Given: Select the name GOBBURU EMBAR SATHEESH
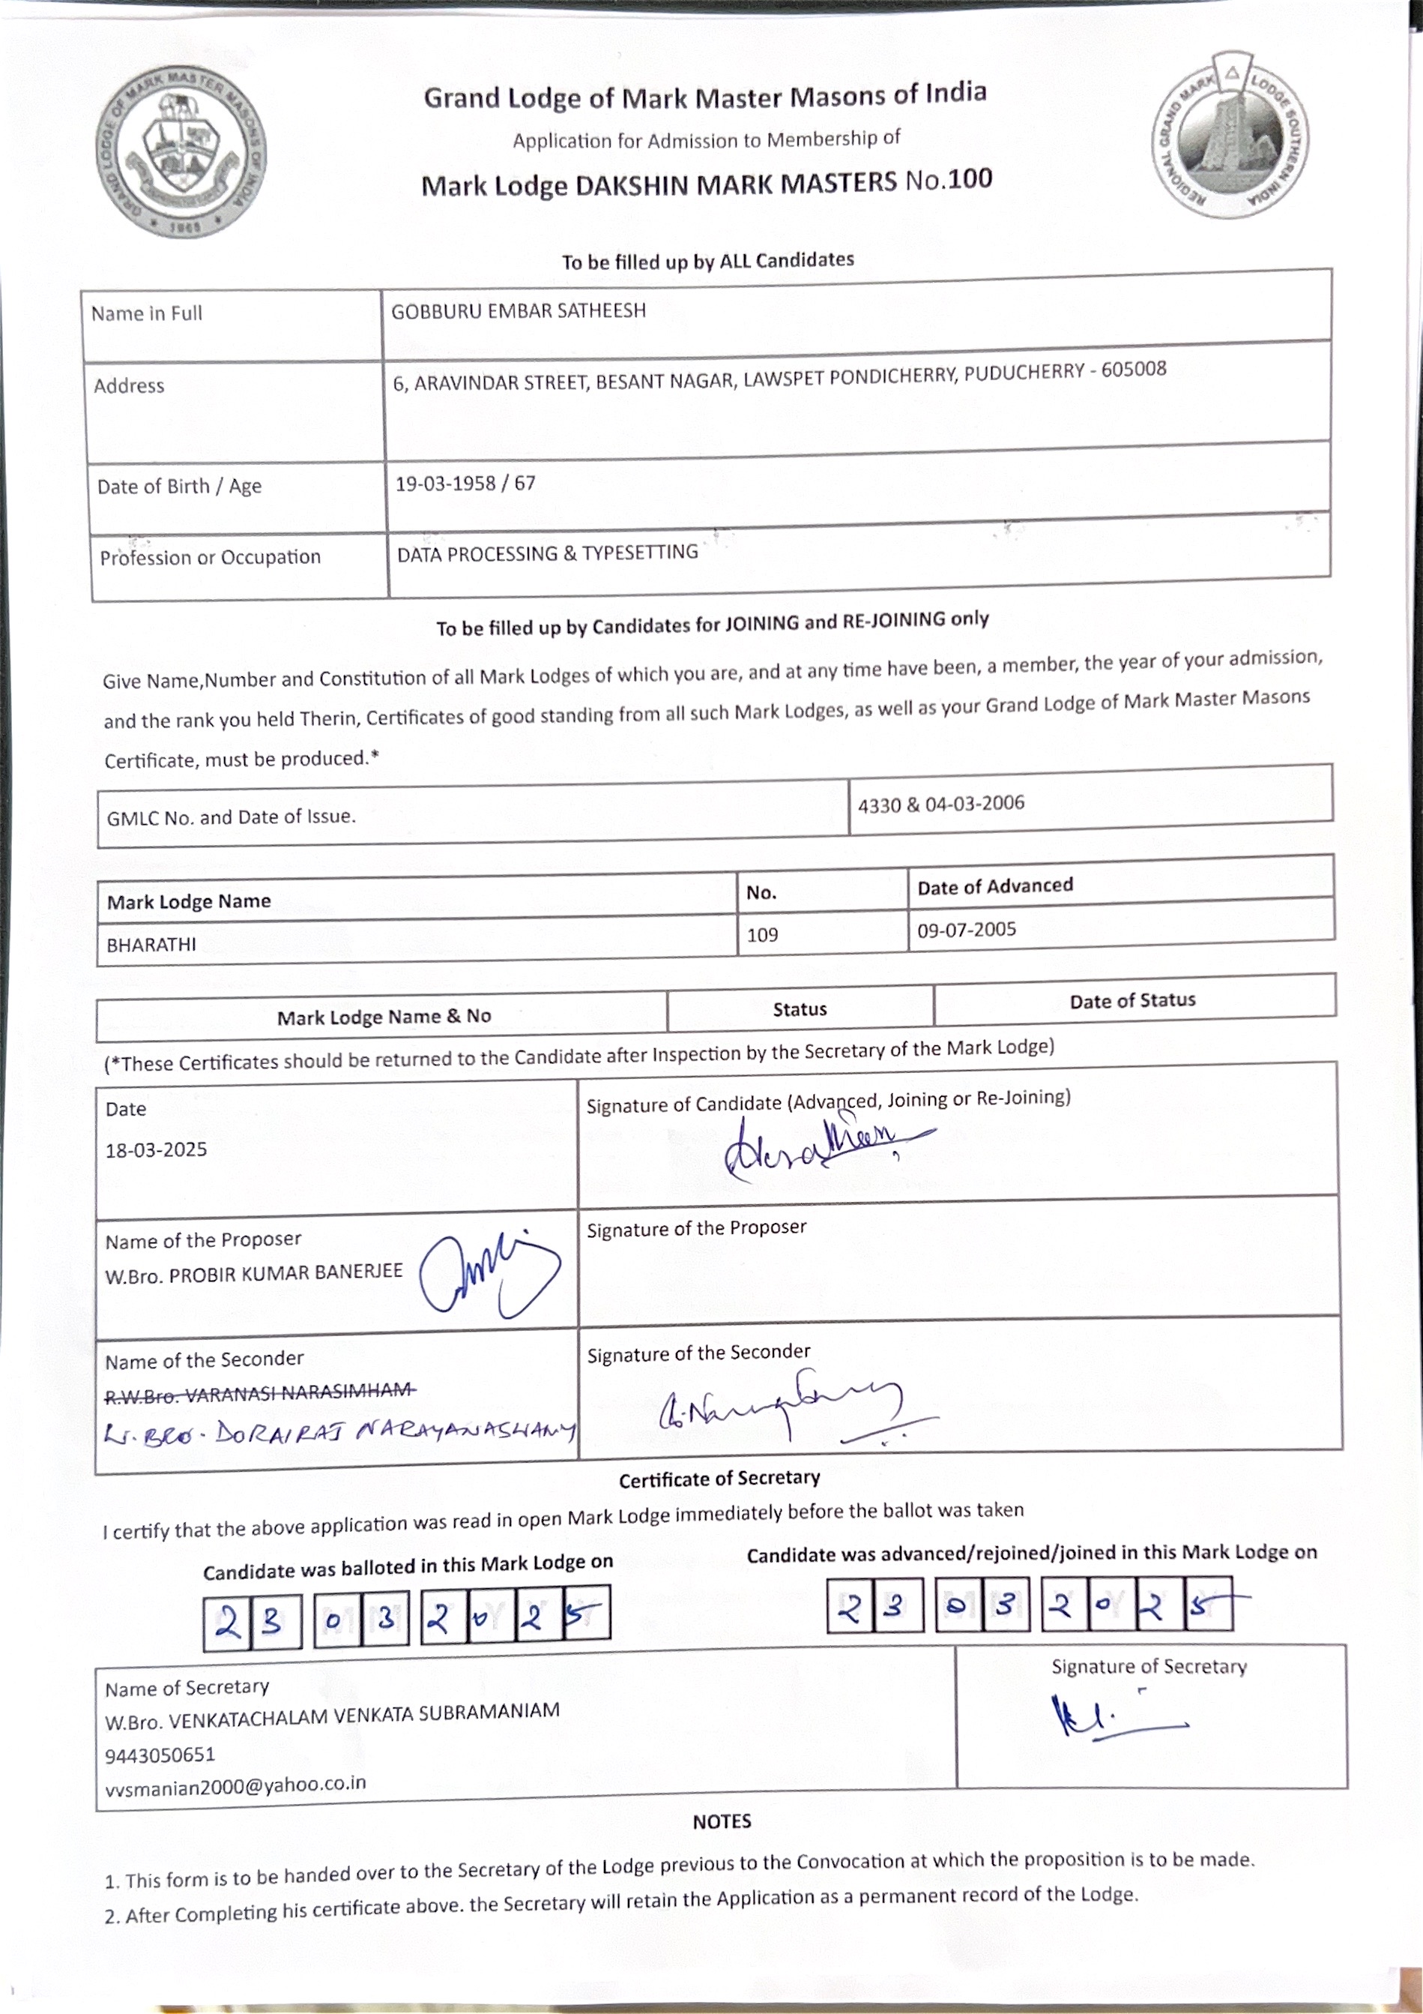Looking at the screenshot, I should pyautogui.click(x=519, y=311).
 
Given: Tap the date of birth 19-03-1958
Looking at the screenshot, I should pyautogui.click(x=445, y=484).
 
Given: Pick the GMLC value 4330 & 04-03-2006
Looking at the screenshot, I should pyautogui.click(x=940, y=805).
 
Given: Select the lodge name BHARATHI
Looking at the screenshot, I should pyautogui.click(x=151, y=945).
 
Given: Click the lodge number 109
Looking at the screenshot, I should pyautogui.click(x=762, y=935).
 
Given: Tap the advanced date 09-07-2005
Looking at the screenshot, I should pyautogui.click(x=966, y=930).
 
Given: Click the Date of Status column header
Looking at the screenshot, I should pyautogui.click(x=1132, y=1001).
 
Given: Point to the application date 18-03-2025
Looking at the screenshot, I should pyautogui.click(x=156, y=1150).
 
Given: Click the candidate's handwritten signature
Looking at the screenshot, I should pyautogui.click(x=815, y=1147).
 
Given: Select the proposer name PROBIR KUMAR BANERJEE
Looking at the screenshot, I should pyautogui.click(x=285, y=1272).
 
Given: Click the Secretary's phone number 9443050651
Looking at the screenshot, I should pyautogui.click(x=160, y=1755).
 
